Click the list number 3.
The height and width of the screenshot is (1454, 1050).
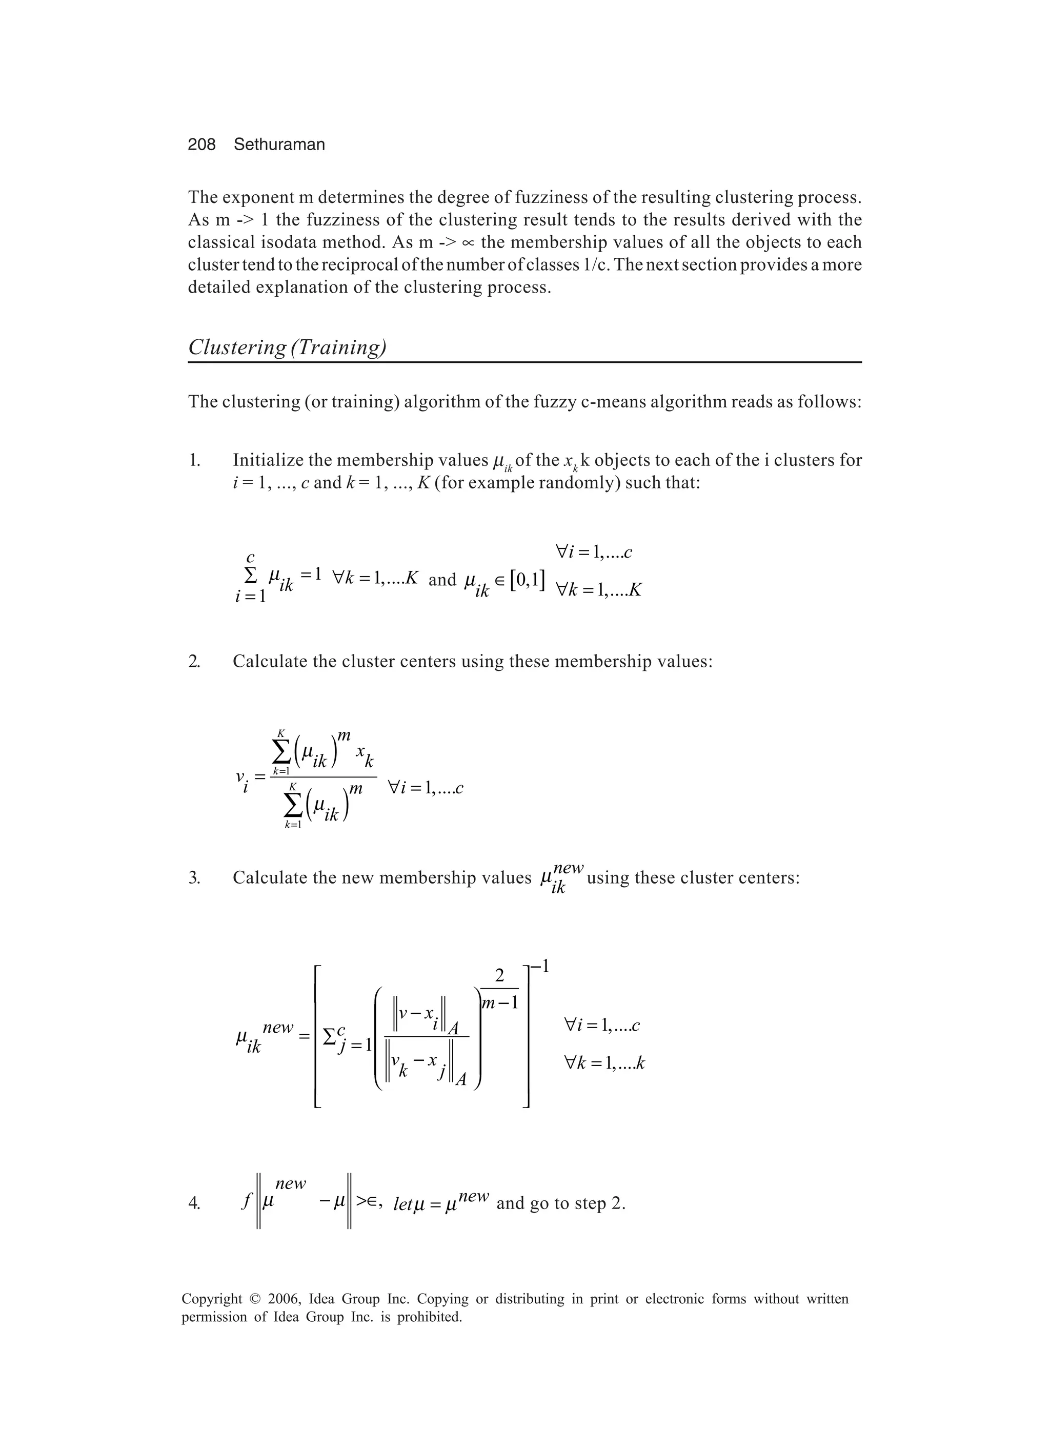(x=194, y=877)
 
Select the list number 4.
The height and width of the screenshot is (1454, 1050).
(x=194, y=1203)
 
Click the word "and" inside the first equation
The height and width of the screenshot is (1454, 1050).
(x=442, y=580)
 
